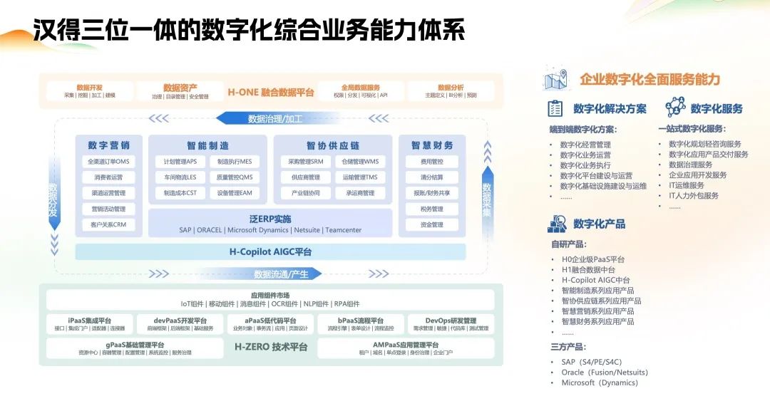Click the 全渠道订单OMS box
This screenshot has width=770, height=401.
108,162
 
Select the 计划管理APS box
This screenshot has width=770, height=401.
180,162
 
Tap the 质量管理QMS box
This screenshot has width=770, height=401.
235,177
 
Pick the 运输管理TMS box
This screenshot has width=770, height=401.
360,177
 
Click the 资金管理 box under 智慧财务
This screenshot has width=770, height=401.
432,225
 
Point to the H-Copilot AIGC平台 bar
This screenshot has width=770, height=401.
270,252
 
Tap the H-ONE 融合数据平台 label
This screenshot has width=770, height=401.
271,92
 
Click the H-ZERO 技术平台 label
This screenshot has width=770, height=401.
271,347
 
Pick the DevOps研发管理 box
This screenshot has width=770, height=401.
451,324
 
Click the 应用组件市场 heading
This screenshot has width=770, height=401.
270,295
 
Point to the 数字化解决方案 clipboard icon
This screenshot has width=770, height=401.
555,108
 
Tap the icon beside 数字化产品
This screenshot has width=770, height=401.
557,224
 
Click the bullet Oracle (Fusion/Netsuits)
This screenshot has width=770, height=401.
605,373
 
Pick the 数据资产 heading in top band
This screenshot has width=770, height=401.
180,88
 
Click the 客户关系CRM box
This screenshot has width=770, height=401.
108,225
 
